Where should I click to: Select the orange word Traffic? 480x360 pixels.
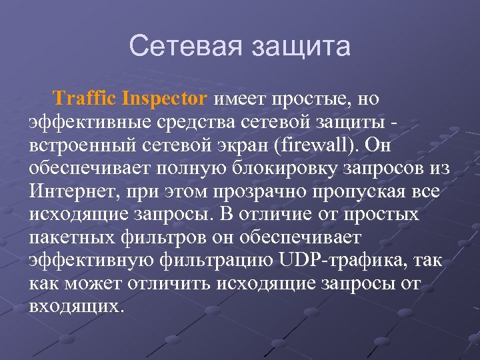pos(85,99)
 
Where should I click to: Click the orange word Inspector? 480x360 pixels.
pos(165,99)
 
